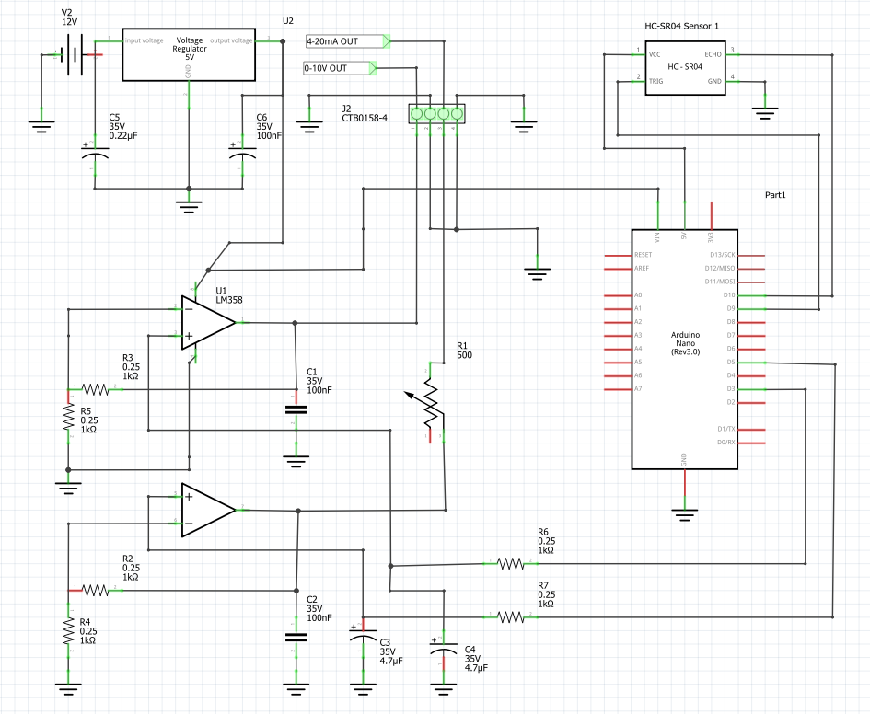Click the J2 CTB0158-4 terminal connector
436,113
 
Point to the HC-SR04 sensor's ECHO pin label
713,54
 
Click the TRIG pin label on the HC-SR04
655,81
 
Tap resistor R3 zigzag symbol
95,390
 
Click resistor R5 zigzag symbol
68,418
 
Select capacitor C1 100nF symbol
296,409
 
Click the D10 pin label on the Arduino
728,295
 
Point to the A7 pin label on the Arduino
638,389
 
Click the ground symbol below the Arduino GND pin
683,511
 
